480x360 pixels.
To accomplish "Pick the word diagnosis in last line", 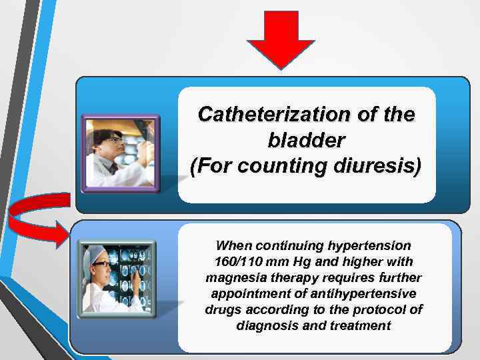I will (x=266, y=326).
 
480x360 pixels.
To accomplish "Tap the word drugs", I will (x=221, y=310).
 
